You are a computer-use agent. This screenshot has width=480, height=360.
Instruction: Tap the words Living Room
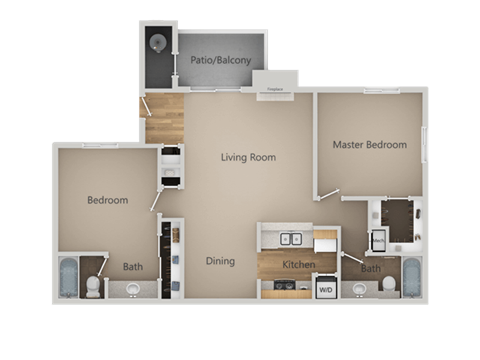click(x=248, y=157)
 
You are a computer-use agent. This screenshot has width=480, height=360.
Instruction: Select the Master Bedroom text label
click(x=369, y=145)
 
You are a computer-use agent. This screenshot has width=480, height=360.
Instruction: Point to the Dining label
click(x=220, y=262)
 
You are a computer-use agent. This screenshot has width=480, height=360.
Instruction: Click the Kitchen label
click(x=299, y=265)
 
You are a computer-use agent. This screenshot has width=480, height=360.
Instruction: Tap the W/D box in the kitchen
click(x=326, y=290)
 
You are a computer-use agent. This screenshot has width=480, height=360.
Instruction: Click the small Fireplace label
click(x=274, y=89)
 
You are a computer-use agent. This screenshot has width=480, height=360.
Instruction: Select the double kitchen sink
click(x=293, y=240)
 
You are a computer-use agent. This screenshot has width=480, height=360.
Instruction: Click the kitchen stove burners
click(x=286, y=291)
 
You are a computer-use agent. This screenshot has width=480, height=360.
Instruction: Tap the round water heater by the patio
click(x=158, y=42)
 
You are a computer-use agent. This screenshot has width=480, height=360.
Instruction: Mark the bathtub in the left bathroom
click(x=68, y=278)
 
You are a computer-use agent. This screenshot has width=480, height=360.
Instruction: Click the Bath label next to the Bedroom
click(x=133, y=267)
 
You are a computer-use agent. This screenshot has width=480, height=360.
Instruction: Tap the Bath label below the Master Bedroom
click(x=370, y=269)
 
